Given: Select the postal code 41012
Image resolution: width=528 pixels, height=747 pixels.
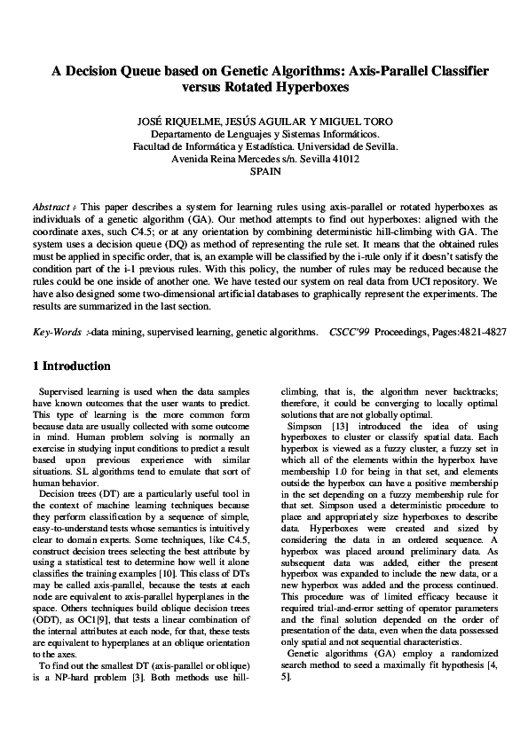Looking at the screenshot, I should (x=340, y=160).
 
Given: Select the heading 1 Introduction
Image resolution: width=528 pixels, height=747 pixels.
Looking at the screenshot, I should (x=71, y=366).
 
